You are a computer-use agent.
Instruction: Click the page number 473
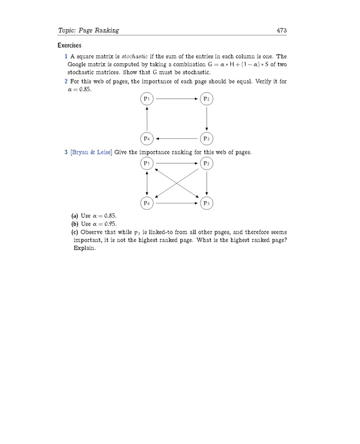pyautogui.click(x=281, y=30)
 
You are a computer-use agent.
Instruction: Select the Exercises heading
pyautogui.click(x=69, y=45)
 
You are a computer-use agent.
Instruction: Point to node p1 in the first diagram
pyautogui.click(x=147, y=99)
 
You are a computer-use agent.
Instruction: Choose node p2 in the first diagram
pyautogui.click(x=206, y=99)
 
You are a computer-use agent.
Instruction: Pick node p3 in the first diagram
pyautogui.click(x=206, y=138)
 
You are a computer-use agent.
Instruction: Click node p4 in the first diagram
pyautogui.click(x=147, y=138)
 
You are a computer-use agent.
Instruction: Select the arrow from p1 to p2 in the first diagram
pyautogui.click(x=177, y=99)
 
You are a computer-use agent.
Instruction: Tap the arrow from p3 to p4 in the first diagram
pyautogui.click(x=177, y=138)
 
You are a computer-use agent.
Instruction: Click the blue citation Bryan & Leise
pyautogui.click(x=91, y=153)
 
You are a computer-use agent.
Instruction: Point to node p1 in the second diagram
pyautogui.click(x=147, y=164)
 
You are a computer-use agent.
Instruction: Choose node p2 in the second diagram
pyautogui.click(x=206, y=164)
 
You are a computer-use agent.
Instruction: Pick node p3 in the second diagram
pyautogui.click(x=206, y=203)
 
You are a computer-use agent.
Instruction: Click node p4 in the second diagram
pyautogui.click(x=147, y=203)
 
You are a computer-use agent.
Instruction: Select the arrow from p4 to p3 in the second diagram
pyautogui.click(x=177, y=203)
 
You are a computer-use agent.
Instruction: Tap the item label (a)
pyautogui.click(x=74, y=216)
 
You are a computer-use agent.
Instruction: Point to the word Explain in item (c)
pyautogui.click(x=84, y=249)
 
